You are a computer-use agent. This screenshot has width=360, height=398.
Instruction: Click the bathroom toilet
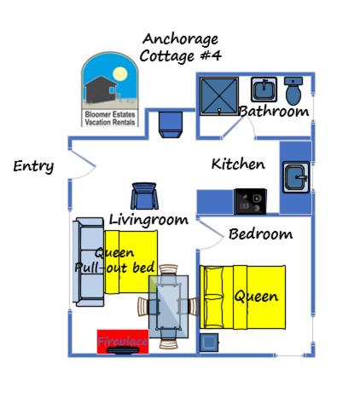click(293, 90)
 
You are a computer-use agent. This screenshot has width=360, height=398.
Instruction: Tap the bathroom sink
click(264, 89)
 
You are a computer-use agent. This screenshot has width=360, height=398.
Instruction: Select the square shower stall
click(219, 96)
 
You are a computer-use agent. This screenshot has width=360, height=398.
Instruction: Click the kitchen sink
click(296, 177)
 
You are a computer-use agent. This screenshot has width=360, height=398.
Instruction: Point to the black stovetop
click(250, 201)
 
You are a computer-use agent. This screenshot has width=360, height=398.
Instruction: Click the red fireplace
click(123, 342)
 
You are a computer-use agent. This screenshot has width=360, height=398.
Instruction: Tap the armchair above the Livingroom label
click(144, 196)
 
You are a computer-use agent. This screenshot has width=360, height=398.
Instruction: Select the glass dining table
click(169, 307)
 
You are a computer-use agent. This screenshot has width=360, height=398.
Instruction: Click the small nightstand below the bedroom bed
click(209, 343)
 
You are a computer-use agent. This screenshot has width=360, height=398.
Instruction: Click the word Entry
click(33, 166)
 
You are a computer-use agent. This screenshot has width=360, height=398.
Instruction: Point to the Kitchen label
click(238, 164)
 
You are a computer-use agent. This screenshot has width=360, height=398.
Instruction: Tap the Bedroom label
click(260, 234)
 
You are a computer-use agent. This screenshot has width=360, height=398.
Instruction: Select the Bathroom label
click(274, 111)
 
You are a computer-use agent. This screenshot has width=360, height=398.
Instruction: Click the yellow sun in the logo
click(119, 73)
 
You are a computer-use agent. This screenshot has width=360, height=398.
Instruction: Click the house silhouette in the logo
click(101, 89)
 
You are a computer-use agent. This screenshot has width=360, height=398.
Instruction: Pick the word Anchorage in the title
click(180, 39)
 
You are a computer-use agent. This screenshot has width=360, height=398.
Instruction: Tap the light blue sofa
click(88, 262)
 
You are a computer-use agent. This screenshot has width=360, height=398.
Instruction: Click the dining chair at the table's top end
click(168, 270)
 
